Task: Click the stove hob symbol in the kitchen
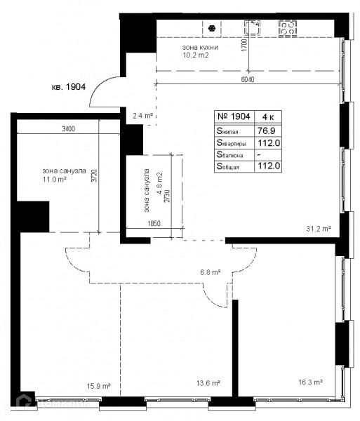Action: tap(288, 28)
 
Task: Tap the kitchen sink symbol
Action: tap(252, 27)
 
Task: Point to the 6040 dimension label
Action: tap(248, 80)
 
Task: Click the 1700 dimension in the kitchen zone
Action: tap(244, 45)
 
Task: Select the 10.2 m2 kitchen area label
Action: tap(195, 55)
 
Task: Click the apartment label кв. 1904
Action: tap(69, 87)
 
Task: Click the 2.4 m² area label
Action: tap(142, 116)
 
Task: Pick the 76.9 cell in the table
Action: tap(266, 131)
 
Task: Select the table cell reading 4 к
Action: tap(268, 116)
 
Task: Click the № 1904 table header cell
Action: tap(234, 116)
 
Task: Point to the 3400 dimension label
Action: tap(69, 129)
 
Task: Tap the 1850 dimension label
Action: tap(154, 223)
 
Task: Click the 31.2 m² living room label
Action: tap(319, 229)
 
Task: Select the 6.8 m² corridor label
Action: tap(211, 272)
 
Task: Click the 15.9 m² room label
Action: tap(99, 386)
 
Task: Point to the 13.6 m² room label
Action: tap(208, 383)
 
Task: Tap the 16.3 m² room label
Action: tap(311, 382)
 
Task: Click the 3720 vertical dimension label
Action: tap(94, 175)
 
